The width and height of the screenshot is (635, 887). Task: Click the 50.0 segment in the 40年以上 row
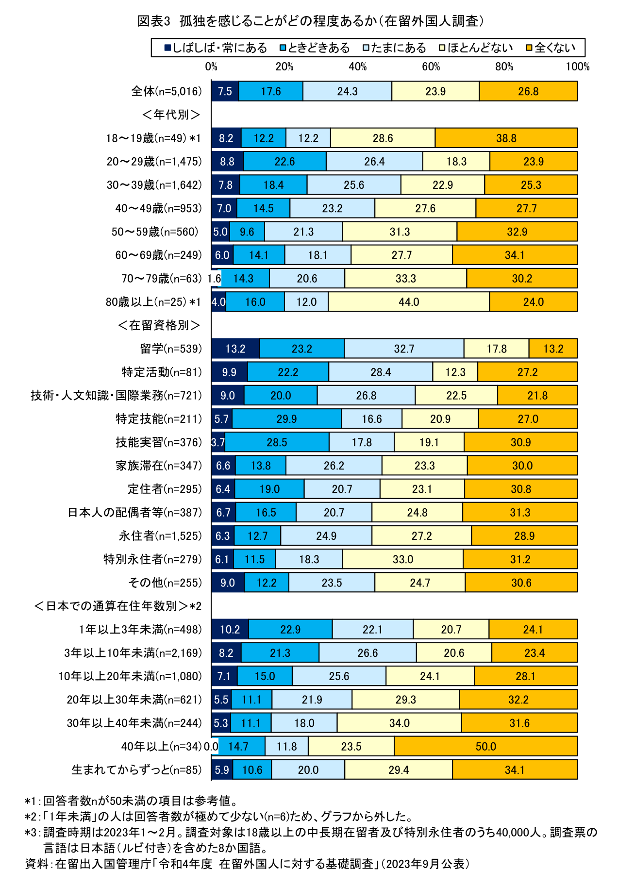coord(485,746)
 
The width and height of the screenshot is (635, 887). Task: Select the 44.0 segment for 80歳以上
coord(409,301)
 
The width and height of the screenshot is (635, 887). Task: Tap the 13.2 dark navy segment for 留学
coord(235,349)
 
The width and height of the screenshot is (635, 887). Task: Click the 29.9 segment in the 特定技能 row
coord(286,418)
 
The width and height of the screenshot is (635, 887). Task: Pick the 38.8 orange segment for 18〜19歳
coord(506,138)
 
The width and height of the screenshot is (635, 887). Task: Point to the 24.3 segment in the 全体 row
coord(347,91)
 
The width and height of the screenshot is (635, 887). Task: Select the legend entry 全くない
coord(551,48)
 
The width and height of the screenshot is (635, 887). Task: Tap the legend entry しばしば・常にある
coord(216,48)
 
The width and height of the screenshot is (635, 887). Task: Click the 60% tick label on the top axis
coord(431,67)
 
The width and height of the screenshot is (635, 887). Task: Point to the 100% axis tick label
coord(577,67)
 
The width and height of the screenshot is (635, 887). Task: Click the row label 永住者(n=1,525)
coord(160,536)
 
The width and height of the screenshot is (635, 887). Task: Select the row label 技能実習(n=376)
coord(158,442)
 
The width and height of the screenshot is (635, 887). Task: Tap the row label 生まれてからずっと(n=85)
coord(136,770)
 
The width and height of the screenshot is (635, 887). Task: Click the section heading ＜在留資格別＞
coord(159,325)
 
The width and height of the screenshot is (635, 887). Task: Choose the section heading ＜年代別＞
coord(171,115)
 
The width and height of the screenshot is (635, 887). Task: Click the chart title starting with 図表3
coord(311,21)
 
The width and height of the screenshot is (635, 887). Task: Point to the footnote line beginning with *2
coord(218,816)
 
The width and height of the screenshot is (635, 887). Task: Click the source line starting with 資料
coord(248,864)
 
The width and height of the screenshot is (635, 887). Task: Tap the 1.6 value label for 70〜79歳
coord(214,279)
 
